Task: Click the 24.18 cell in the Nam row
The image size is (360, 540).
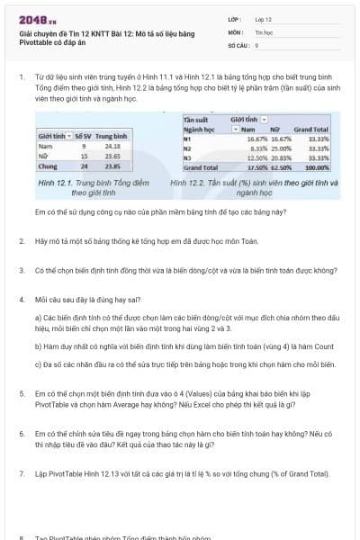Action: [x=112, y=145]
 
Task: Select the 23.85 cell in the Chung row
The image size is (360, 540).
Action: [x=112, y=166]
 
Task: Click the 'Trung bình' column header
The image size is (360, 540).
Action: [x=113, y=134]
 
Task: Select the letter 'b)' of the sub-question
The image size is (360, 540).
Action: [x=39, y=346]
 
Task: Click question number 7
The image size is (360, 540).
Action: [x=21, y=472]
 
